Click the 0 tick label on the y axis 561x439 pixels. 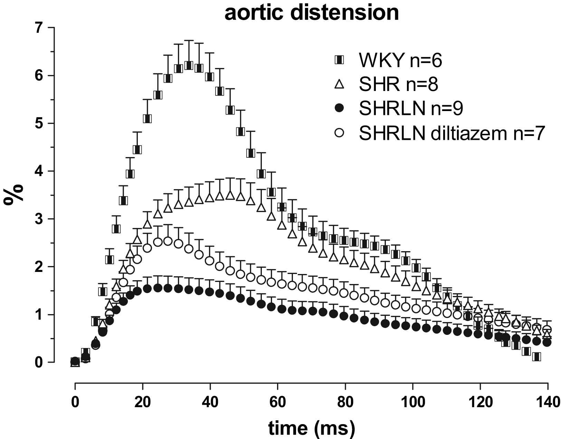coord(41,363)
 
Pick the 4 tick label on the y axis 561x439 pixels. coord(41,171)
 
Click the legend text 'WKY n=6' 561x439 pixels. coord(400,61)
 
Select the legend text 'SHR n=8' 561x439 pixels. coord(399,84)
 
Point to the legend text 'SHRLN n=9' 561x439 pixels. coord(411,109)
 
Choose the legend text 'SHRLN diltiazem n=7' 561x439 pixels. coord(452,133)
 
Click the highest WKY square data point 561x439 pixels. coord(189,65)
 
